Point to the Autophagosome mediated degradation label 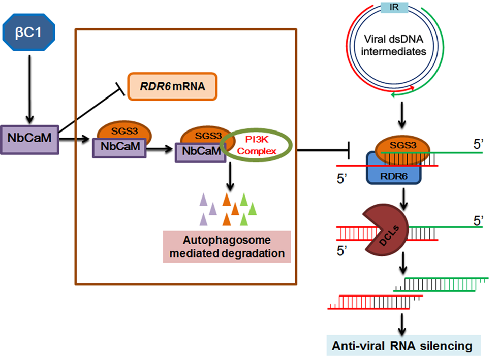pos(227,246)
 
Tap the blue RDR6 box pos(394,174)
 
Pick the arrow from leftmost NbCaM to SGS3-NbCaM pos(74,138)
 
